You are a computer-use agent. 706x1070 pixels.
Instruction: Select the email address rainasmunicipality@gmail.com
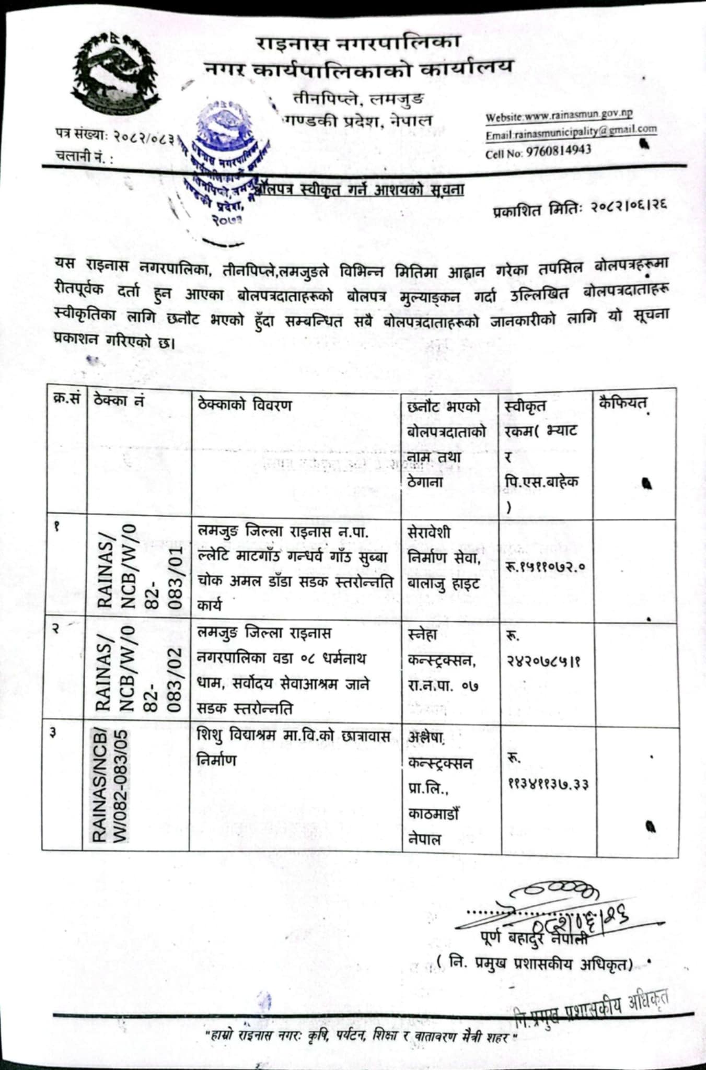click(x=571, y=132)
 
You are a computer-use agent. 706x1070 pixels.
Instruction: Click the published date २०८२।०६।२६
click(x=580, y=210)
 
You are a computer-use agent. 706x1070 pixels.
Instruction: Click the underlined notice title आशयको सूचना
click(x=361, y=190)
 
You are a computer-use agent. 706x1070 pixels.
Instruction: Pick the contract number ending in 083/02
click(x=138, y=669)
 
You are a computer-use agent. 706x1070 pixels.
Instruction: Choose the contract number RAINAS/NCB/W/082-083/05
click(x=110, y=786)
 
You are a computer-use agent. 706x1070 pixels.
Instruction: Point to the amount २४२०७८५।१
click(x=543, y=661)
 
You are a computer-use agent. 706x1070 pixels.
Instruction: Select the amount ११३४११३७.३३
click(x=547, y=784)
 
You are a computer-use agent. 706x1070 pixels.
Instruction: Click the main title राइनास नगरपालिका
click(x=358, y=43)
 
